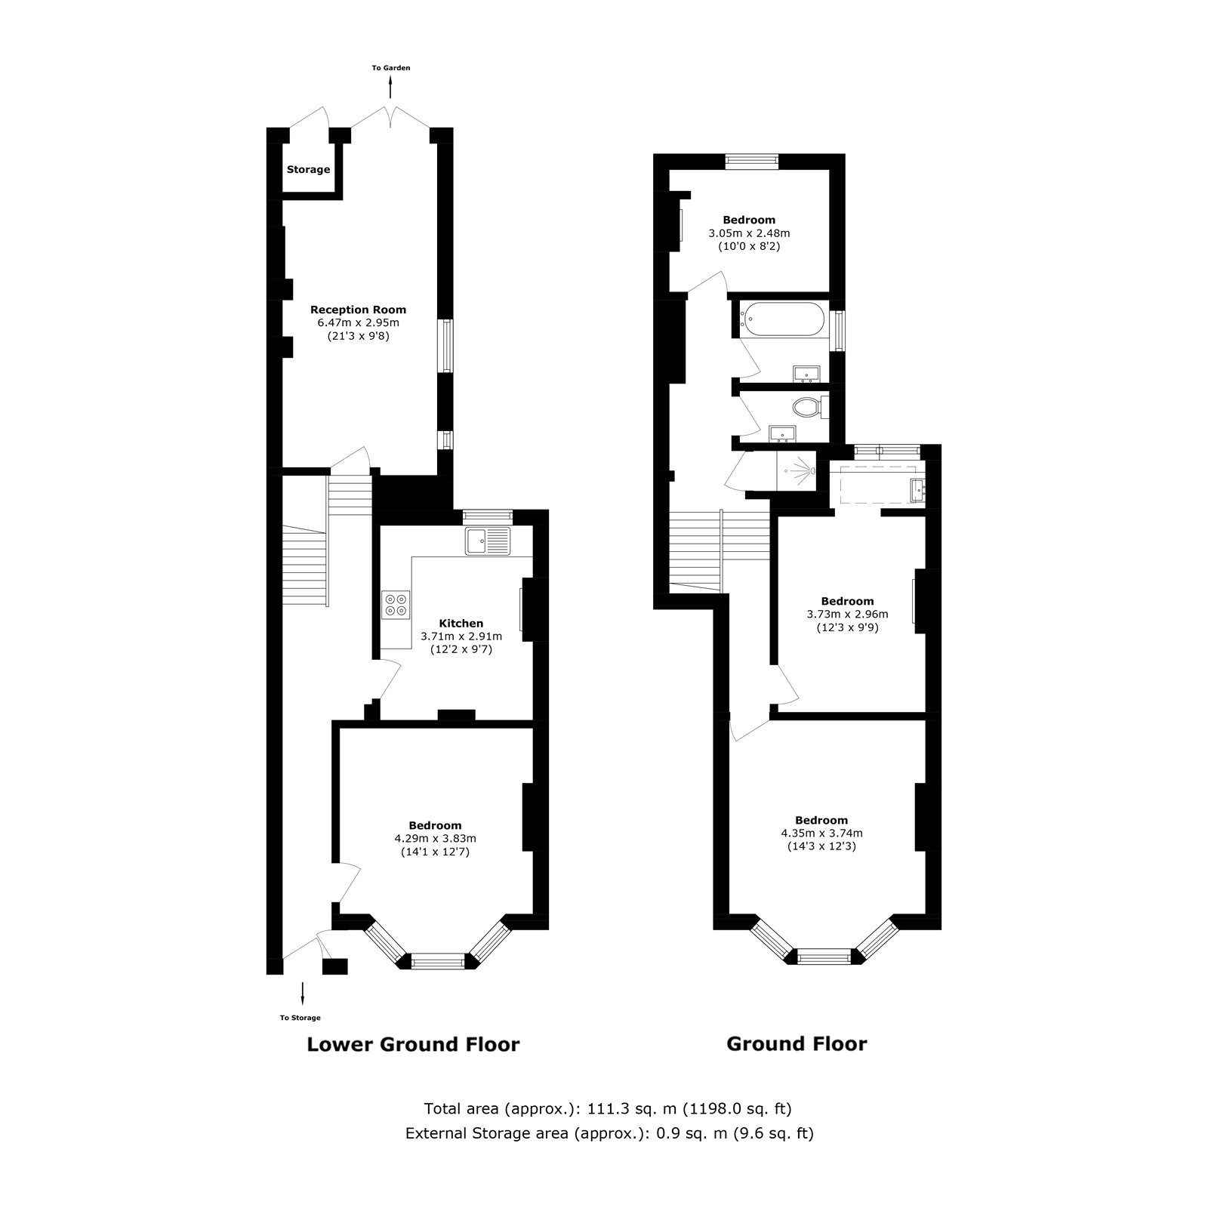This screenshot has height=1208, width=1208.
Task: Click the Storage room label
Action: click(308, 170)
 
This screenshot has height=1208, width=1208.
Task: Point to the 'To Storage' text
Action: click(300, 1018)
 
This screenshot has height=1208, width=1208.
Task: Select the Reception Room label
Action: click(358, 310)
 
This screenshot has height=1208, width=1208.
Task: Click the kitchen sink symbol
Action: click(488, 541)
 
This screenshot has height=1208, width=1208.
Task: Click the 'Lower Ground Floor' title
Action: click(413, 1045)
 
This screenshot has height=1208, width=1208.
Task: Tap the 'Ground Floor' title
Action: click(797, 1044)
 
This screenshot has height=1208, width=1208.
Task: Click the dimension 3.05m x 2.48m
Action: click(749, 233)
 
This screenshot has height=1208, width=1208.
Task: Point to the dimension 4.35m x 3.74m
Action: click(821, 834)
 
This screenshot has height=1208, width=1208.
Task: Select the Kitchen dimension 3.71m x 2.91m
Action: click(461, 636)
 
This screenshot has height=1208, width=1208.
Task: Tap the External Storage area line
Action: click(609, 1133)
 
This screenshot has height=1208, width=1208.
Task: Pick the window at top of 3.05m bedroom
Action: click(751, 159)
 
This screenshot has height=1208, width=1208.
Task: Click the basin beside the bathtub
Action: click(807, 373)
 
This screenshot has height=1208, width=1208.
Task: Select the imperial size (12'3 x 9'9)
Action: click(847, 627)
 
